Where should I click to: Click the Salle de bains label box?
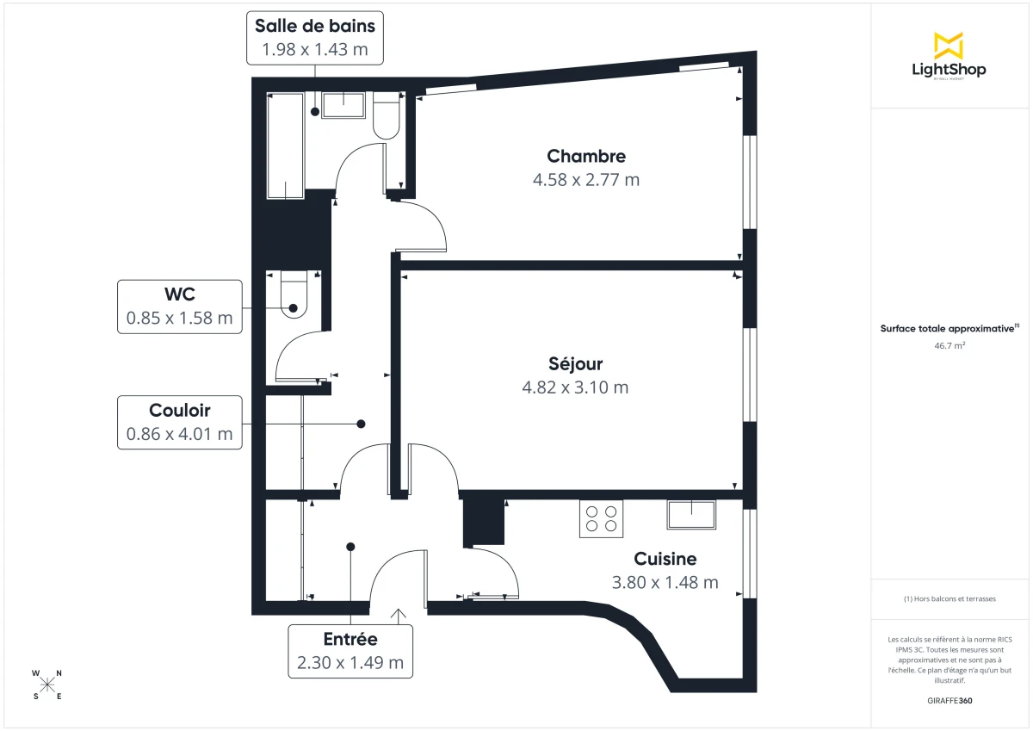click(x=314, y=38)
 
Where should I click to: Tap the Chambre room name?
click(x=586, y=156)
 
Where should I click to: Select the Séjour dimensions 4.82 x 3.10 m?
click(x=575, y=387)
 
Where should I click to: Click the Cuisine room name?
click(x=665, y=559)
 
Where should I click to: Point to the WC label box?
click(x=179, y=307)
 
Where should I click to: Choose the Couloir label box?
click(x=179, y=422)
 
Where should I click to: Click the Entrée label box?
click(x=350, y=651)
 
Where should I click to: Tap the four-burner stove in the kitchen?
click(x=601, y=518)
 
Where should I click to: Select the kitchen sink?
click(x=691, y=514)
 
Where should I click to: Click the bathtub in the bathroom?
click(x=285, y=145)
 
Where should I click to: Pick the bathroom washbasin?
click(x=344, y=105)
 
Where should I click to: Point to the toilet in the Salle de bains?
click(x=386, y=117)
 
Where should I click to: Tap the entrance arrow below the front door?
click(x=399, y=615)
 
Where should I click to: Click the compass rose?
click(x=47, y=685)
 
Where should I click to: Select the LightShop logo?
click(x=949, y=56)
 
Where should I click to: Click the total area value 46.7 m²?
click(x=949, y=344)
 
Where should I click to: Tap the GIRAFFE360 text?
click(x=949, y=701)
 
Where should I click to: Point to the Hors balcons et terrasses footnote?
click(x=949, y=598)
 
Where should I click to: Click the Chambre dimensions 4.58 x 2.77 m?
click(x=586, y=180)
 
